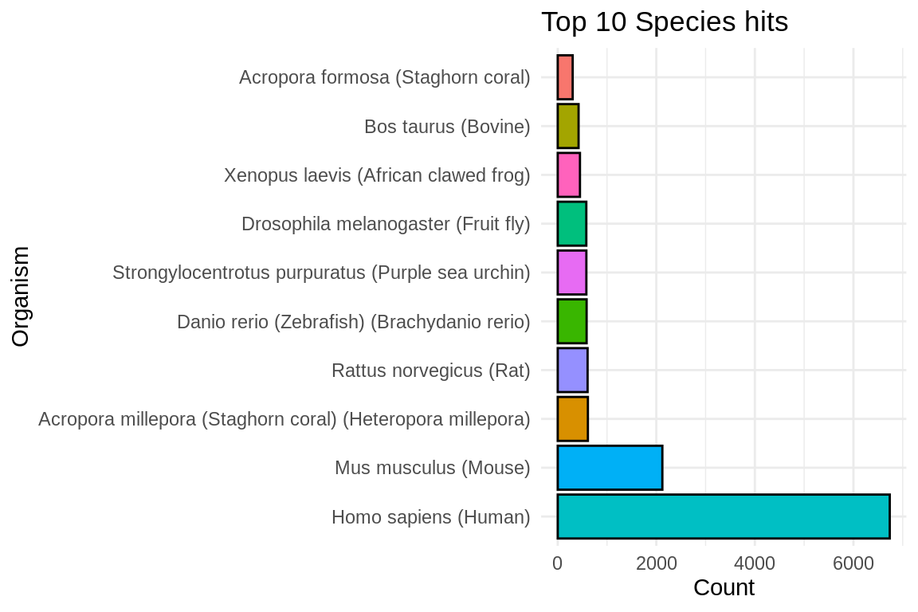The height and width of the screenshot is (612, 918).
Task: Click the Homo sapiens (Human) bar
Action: point(723,516)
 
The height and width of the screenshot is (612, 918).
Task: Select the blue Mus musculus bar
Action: point(610,468)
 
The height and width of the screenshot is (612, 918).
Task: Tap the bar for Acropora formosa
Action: point(565,77)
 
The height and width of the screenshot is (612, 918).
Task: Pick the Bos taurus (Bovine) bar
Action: point(568,126)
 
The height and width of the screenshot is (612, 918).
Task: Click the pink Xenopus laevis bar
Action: point(569,175)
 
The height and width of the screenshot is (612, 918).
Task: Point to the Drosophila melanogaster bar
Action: point(571,224)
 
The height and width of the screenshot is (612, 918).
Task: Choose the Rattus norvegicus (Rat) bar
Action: point(572,370)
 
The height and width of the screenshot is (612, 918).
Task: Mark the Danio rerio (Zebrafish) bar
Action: point(572,321)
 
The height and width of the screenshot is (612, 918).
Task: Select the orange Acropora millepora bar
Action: point(572,418)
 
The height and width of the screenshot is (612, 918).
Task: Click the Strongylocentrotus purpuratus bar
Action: point(571,273)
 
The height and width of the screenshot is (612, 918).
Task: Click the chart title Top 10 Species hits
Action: point(665,22)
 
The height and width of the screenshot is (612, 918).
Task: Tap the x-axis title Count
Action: point(724,588)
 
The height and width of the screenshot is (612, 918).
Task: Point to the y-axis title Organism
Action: point(21,296)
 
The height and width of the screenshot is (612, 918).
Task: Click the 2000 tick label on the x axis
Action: point(656,563)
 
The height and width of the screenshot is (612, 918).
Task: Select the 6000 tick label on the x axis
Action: point(853,563)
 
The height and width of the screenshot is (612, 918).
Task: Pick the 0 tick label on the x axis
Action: point(557,563)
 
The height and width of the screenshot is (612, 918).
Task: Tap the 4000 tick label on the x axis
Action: point(755,563)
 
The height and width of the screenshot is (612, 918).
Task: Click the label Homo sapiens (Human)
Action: point(430,517)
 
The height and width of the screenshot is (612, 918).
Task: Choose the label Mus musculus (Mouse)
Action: point(432,468)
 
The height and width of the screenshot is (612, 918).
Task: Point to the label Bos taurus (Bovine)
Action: point(447,127)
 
